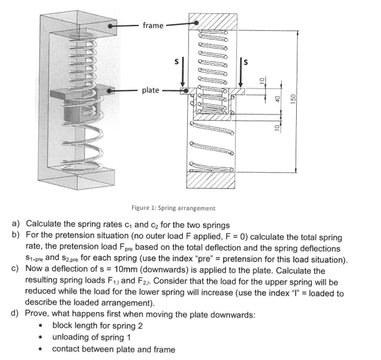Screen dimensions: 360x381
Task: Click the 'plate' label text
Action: (x=151, y=90)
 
